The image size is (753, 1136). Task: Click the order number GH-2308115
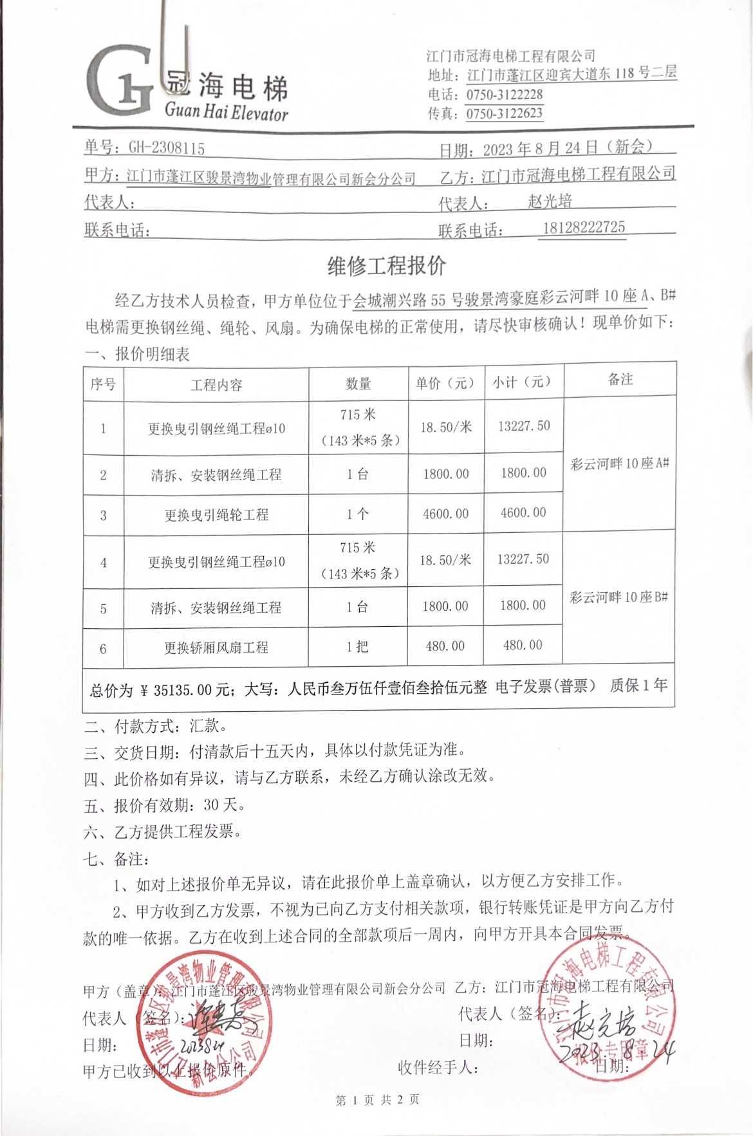(x=167, y=148)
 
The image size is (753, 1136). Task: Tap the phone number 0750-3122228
(x=505, y=95)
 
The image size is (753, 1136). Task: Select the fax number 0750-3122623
(x=505, y=114)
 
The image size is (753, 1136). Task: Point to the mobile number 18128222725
(x=584, y=227)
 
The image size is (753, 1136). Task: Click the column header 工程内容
(x=216, y=385)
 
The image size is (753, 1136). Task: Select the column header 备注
(x=620, y=379)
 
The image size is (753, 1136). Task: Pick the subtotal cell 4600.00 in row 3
(x=523, y=513)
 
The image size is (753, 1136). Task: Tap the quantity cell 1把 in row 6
(x=357, y=646)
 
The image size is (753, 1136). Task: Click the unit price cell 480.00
(x=445, y=646)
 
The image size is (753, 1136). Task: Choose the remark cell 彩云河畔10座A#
(x=620, y=463)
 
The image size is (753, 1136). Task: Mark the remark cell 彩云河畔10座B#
(x=618, y=597)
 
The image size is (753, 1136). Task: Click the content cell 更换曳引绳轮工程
(x=216, y=515)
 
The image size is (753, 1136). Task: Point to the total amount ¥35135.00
(x=183, y=691)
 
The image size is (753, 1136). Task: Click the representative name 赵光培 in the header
(x=550, y=201)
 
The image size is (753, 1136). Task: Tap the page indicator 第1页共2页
(x=378, y=1100)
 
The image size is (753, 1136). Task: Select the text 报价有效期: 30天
(x=164, y=805)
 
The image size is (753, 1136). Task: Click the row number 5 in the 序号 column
(x=103, y=608)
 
